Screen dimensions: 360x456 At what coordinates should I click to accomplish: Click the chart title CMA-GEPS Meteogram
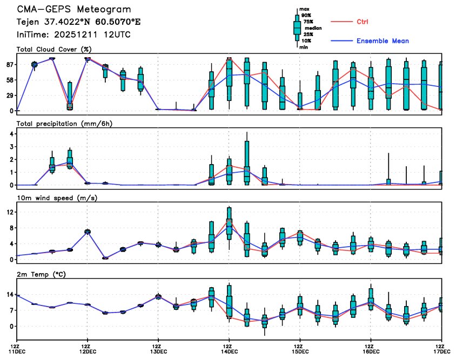click(73, 10)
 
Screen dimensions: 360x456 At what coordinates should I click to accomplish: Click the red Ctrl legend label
click(364, 22)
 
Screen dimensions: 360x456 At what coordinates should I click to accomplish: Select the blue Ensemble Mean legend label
click(383, 41)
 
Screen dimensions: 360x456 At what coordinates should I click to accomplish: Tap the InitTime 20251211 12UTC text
click(73, 35)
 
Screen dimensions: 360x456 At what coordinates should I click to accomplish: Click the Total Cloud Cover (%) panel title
click(53, 49)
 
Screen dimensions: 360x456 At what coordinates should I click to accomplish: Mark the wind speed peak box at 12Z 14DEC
click(229, 219)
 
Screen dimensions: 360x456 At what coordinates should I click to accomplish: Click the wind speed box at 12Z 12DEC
click(88, 232)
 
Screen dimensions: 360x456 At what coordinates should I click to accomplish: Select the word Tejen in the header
click(28, 22)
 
